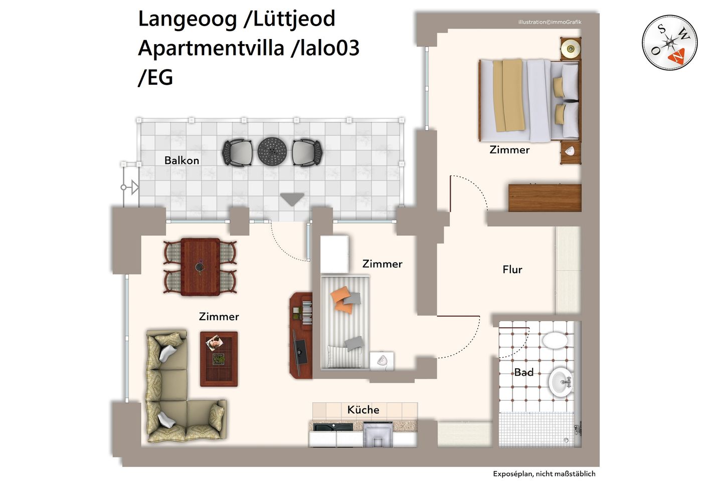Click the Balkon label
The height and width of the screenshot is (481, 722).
click(x=182, y=160)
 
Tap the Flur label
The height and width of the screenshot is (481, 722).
click(x=512, y=270)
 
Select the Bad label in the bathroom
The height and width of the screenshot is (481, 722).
click(x=523, y=372)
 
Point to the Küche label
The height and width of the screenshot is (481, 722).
click(x=363, y=410)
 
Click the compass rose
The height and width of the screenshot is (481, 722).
click(x=669, y=43)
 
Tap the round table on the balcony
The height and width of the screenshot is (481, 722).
click(x=272, y=151)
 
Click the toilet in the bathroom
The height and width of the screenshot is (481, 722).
click(x=555, y=340)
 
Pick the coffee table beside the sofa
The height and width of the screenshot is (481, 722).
click(x=219, y=358)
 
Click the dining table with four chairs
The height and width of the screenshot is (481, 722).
click(x=200, y=267)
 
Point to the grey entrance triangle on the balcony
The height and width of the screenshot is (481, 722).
click(x=292, y=199)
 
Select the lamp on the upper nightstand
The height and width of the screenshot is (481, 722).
click(x=570, y=49)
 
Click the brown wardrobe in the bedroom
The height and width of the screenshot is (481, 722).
click(x=545, y=198)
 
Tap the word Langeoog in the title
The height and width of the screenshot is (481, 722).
click(x=187, y=19)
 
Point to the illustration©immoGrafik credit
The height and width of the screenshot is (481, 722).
click(x=550, y=22)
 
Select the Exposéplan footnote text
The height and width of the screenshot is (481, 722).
click(x=544, y=473)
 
